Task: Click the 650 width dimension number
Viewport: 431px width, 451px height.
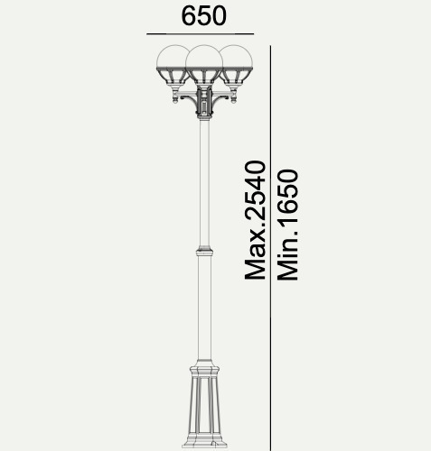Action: tap(203, 15)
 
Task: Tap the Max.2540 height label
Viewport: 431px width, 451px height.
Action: tap(256, 220)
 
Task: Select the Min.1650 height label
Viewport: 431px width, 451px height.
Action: tap(287, 225)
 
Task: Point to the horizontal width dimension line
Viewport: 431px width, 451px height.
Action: tap(200, 34)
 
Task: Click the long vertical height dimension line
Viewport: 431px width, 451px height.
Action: tap(270, 248)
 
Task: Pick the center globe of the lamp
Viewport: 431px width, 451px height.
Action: tap(204, 57)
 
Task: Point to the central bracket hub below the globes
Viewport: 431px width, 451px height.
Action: tap(204, 103)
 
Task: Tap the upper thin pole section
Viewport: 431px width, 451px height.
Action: tap(204, 182)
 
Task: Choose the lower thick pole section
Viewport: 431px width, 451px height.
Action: tap(204, 308)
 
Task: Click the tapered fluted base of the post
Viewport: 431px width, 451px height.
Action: tap(204, 409)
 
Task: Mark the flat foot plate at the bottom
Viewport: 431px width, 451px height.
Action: tap(204, 445)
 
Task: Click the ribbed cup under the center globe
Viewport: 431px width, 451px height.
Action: tap(204, 77)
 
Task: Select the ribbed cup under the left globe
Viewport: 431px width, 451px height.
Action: tap(172, 78)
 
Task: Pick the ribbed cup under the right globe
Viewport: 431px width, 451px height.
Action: tap(237, 78)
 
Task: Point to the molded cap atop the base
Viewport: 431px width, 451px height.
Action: tap(204, 368)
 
